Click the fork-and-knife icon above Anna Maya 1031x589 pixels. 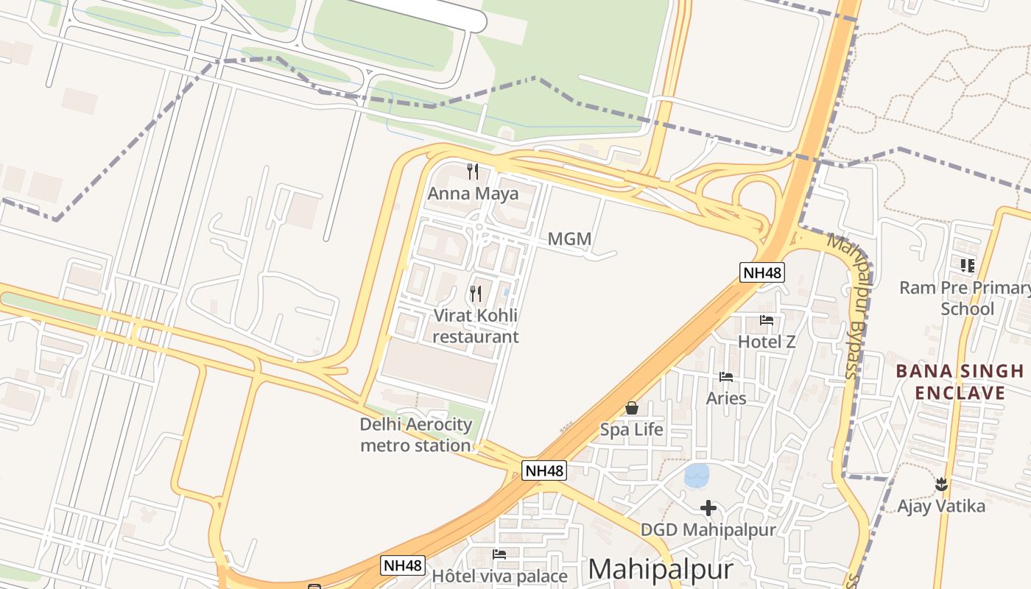(x=473, y=172)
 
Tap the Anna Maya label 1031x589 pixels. (x=473, y=194)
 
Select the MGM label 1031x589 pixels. (x=569, y=239)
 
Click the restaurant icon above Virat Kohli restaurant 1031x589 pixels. (x=476, y=294)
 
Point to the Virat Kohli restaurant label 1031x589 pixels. (x=476, y=326)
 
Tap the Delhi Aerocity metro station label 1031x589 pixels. (x=415, y=434)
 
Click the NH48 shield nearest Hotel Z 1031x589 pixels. (x=762, y=272)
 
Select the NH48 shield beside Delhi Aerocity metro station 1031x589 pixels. (x=543, y=470)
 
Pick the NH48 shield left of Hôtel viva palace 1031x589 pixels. (x=403, y=565)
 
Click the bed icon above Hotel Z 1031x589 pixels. (x=767, y=320)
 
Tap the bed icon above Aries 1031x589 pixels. (x=726, y=377)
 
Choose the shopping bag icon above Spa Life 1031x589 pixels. (x=631, y=408)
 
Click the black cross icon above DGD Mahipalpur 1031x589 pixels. (x=708, y=508)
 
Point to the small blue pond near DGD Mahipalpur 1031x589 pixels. (x=696, y=475)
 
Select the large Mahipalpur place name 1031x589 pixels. (x=661, y=569)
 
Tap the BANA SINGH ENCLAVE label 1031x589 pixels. (x=960, y=381)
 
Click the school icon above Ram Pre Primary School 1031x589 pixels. (x=967, y=265)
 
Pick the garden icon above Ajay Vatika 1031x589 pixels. (x=940, y=484)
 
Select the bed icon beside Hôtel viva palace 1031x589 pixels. (x=499, y=554)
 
